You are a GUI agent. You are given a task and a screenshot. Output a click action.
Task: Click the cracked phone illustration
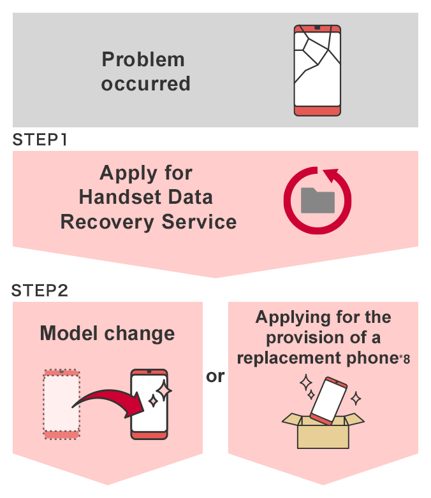318,71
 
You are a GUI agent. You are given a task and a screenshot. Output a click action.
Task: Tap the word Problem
143,60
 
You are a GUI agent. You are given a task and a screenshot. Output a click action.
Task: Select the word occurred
145,83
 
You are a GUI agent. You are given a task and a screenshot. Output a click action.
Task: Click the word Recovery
103,222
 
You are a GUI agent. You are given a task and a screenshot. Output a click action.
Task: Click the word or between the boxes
215,376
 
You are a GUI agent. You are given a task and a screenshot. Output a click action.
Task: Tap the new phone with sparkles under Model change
149,404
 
